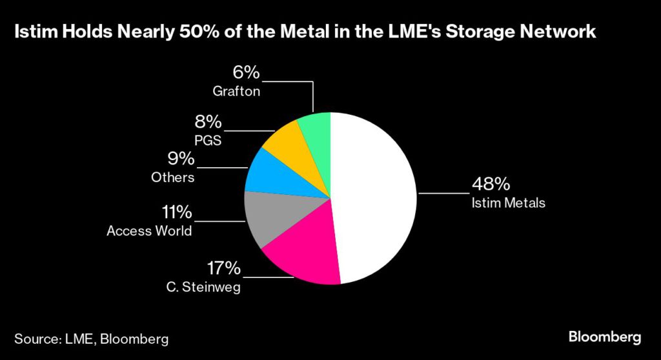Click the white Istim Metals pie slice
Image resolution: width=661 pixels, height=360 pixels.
[374, 194]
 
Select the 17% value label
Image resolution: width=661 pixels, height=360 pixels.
[223, 268]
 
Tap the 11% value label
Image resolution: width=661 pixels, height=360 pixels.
[176, 212]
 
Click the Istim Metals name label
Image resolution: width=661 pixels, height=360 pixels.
[508, 203]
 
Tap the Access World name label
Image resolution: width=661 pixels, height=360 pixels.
[149, 230]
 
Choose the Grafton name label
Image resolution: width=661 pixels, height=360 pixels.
[236, 92]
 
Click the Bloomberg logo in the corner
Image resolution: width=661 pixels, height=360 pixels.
[604, 337]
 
